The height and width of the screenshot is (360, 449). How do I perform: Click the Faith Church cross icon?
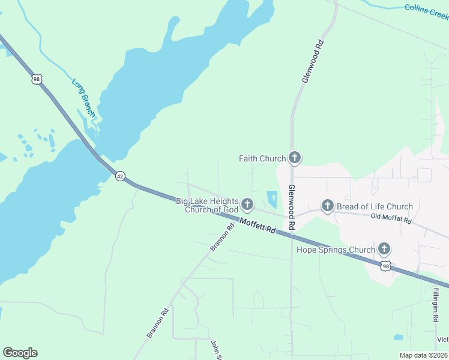(294, 158)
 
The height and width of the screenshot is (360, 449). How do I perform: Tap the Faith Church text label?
(262, 159)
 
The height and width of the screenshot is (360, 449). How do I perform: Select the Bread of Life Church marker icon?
(327, 206)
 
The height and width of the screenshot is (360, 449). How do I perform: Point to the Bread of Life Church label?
(375, 206)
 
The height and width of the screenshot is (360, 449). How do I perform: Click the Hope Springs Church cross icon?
(384, 249)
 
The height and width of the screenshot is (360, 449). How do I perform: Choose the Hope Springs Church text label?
(336, 249)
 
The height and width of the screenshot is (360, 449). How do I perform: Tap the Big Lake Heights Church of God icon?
(247, 205)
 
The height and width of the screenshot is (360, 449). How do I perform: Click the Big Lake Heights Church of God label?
(207, 205)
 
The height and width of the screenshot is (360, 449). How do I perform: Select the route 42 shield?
(121, 176)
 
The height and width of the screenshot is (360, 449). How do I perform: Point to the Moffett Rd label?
(258, 226)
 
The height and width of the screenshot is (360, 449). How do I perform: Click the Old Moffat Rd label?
(391, 219)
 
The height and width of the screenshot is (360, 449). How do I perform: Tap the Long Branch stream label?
(83, 98)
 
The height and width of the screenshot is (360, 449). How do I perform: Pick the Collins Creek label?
(426, 11)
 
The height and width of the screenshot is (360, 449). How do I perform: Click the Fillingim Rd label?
(435, 305)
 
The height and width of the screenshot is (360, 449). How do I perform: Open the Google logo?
(20, 353)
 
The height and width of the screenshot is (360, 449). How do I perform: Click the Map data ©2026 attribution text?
(423, 355)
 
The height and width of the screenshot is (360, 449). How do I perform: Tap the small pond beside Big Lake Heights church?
(271, 199)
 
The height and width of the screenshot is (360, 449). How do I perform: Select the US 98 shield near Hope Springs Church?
(385, 265)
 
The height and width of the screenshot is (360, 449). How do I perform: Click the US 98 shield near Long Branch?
(37, 79)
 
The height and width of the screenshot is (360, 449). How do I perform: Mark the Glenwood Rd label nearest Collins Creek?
(313, 61)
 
